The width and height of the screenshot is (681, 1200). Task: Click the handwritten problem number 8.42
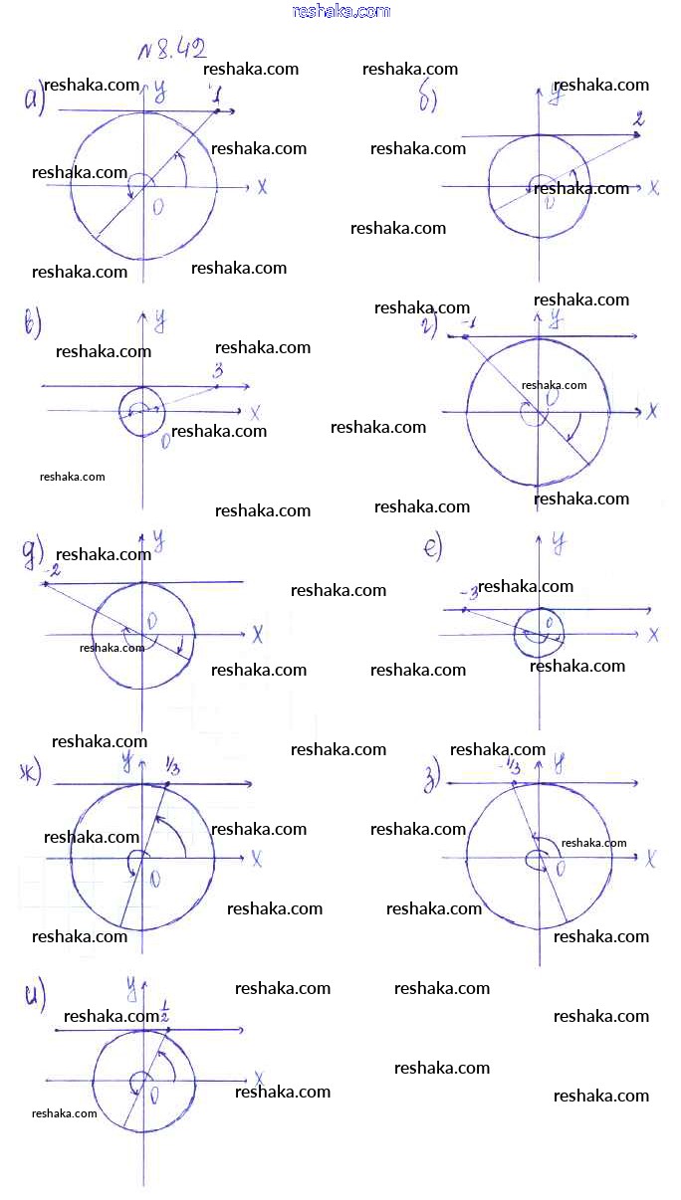tap(173, 50)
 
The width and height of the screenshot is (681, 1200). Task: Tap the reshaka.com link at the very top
tap(340, 11)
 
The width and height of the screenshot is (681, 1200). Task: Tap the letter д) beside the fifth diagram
tap(32, 551)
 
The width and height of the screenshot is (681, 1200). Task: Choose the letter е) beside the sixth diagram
tap(433, 548)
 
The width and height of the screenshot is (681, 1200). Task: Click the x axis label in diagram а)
tap(262, 187)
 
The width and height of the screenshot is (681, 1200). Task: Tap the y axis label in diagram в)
tap(159, 320)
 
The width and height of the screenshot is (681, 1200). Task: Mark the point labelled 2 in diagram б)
tap(637, 133)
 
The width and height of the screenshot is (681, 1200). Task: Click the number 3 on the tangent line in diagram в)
tap(217, 372)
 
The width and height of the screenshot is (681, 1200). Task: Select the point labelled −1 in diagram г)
tap(464, 337)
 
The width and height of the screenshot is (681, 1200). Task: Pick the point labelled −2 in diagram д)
tap(46, 583)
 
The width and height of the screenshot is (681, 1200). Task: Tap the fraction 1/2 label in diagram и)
tap(165, 1016)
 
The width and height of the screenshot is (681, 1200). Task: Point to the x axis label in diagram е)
tap(654, 634)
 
